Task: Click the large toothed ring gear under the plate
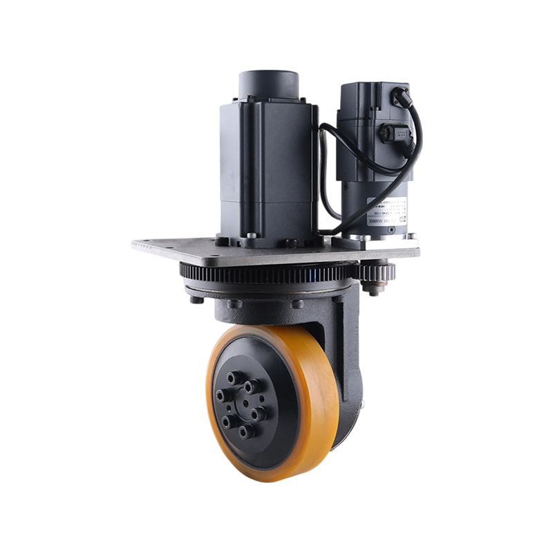[x=276, y=275]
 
